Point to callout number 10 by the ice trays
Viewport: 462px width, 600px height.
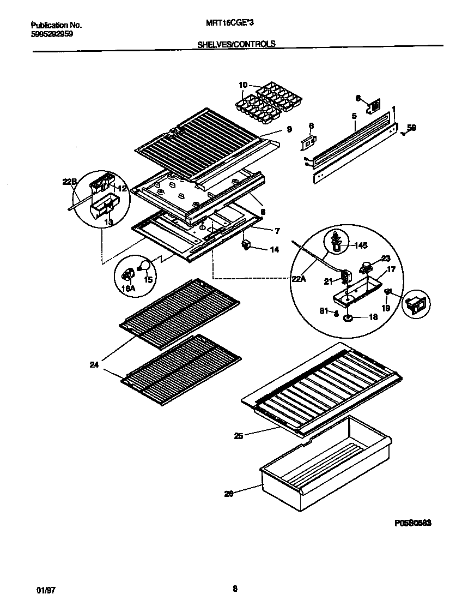tap(243, 85)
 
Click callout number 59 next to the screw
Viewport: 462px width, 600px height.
tap(412, 129)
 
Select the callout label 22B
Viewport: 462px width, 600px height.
tap(69, 183)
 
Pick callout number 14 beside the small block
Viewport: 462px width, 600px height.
tap(274, 249)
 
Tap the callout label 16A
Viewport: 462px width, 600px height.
tap(129, 289)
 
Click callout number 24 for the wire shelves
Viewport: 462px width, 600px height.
tap(94, 365)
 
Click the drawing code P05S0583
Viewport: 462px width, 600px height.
tap(412, 523)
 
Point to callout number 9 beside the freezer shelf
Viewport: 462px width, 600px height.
tap(289, 129)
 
